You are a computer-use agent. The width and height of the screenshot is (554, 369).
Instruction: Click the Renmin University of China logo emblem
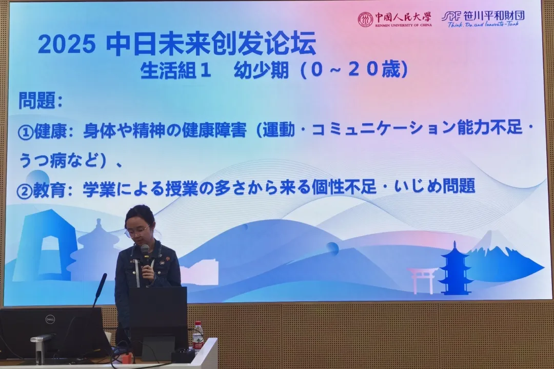coord(365,20)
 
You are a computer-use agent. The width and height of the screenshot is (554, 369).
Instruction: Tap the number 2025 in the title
coord(67,45)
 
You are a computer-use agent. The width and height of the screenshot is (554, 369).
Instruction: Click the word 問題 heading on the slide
coord(37,101)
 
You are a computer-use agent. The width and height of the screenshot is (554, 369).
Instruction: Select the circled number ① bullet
coord(26,132)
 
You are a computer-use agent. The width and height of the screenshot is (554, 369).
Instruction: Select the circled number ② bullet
coord(25,191)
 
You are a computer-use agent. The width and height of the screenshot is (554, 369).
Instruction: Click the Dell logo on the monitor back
coord(50,320)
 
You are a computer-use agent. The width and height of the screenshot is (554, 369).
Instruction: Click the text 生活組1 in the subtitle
coord(176,70)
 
